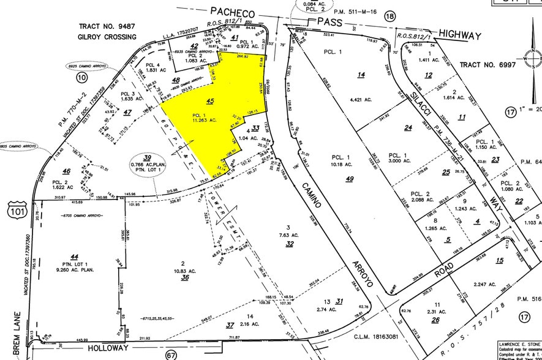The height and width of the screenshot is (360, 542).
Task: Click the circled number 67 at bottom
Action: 171,354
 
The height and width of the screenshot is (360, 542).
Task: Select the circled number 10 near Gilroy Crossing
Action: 81,77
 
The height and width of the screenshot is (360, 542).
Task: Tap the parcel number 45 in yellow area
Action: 210,102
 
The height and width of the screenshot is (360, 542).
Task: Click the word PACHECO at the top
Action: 232,11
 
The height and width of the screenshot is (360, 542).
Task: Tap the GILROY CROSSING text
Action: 108,37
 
